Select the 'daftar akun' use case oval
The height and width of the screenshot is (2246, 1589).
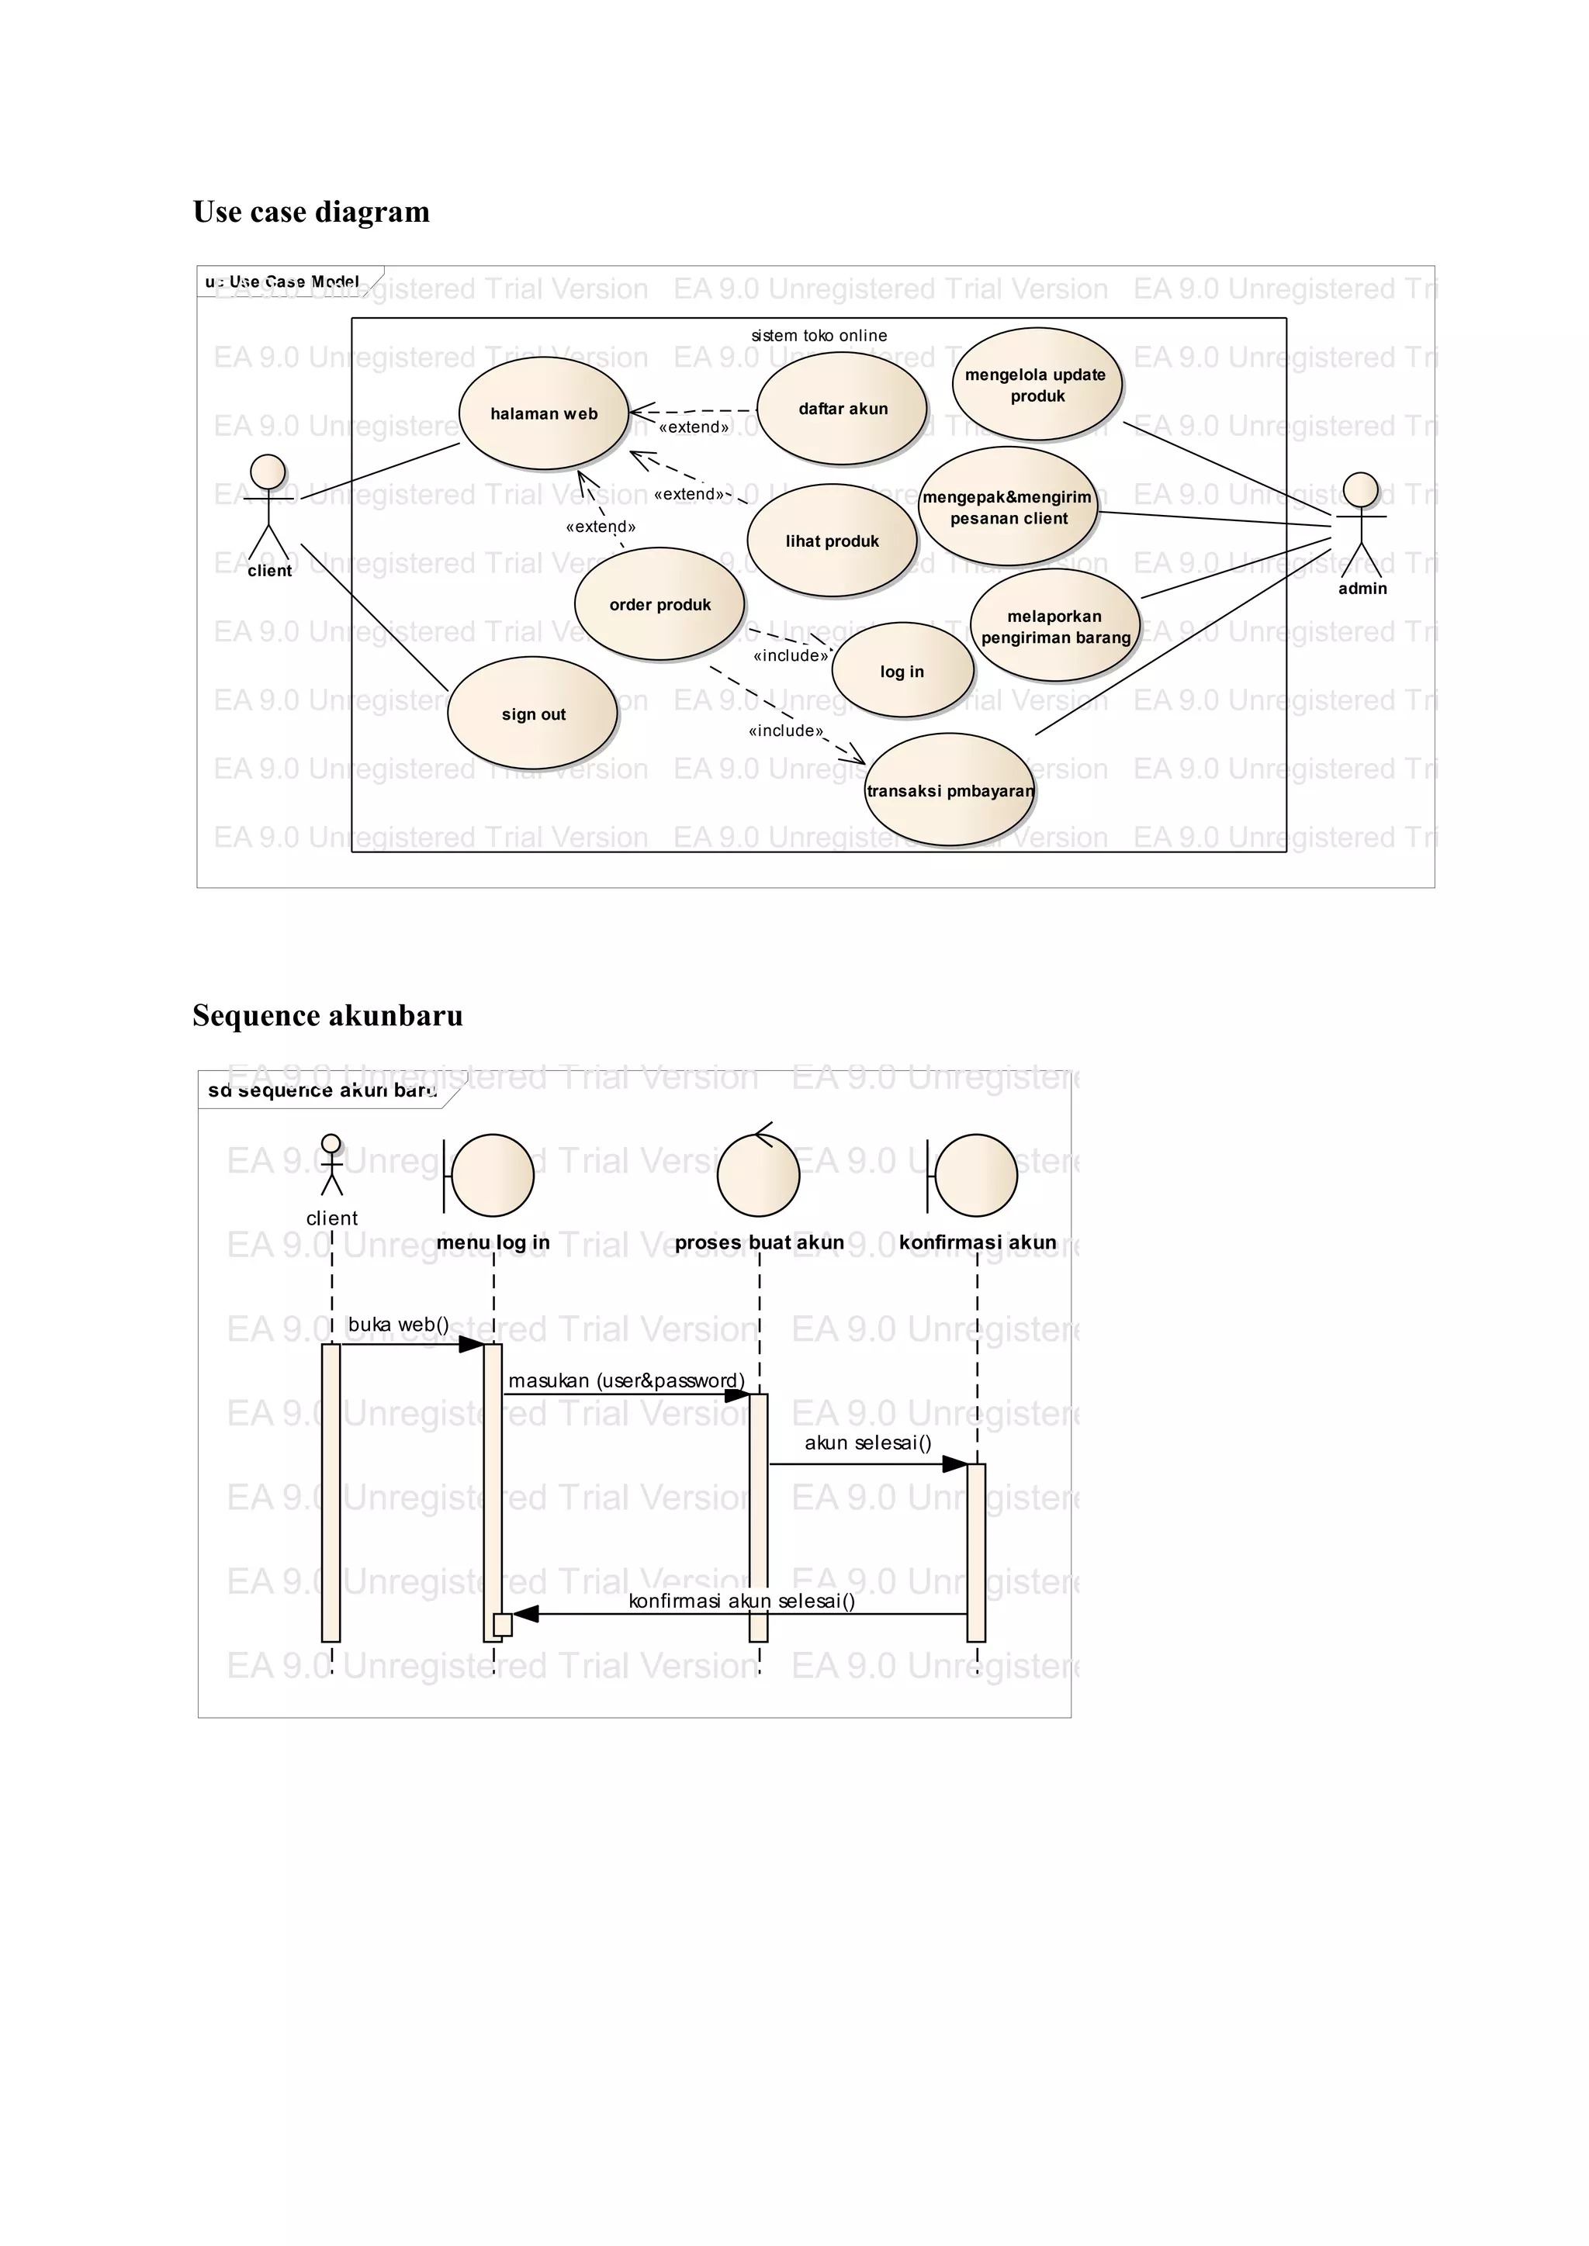(x=842, y=409)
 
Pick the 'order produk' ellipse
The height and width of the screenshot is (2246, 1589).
(x=659, y=604)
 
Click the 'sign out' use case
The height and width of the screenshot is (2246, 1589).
(x=532, y=714)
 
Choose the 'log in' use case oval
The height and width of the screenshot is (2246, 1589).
(x=902, y=671)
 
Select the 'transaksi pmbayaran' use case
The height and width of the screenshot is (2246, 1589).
(x=949, y=790)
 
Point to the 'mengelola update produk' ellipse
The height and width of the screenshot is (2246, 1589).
(x=1036, y=385)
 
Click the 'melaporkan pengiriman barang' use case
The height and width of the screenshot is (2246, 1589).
(x=1054, y=626)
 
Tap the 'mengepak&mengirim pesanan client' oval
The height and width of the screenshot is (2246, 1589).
(x=1008, y=506)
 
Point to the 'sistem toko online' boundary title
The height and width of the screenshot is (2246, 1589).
(x=819, y=336)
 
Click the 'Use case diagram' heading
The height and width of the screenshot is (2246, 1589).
(x=311, y=211)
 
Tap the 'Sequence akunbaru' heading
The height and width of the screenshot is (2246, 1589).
(x=327, y=1015)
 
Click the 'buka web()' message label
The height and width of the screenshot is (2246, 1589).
(x=398, y=1325)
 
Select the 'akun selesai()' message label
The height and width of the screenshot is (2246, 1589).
(x=868, y=1443)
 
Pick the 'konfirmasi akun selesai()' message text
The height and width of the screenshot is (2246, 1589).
(x=742, y=1601)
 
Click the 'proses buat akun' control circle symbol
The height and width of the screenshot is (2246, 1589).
(x=758, y=1174)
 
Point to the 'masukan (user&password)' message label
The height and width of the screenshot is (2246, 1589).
(x=626, y=1380)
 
